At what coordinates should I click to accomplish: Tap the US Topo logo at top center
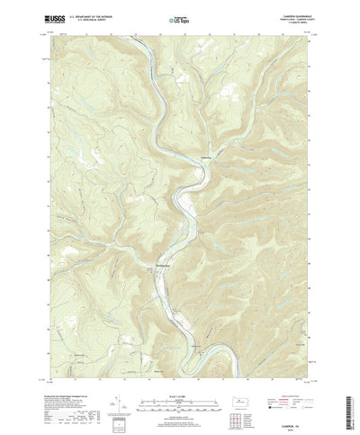coord(180,17)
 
